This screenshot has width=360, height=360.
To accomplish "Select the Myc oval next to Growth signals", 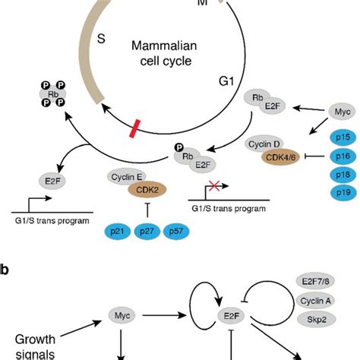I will (117, 311).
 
